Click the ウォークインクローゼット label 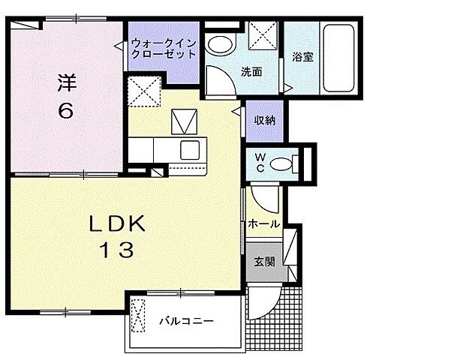point(164,48)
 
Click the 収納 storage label point(263,121)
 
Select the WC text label point(256,163)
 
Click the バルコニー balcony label point(186,321)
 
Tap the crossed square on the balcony point(139,315)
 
